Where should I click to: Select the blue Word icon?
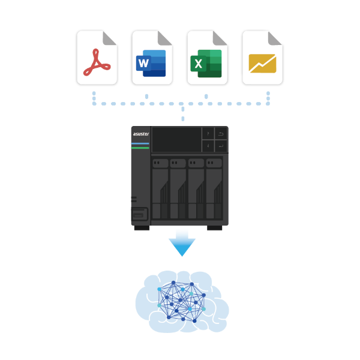tap(151, 63)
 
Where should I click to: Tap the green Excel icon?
tap(206, 64)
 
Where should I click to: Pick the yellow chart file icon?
tap(262, 64)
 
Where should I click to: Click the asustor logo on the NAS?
tap(141, 134)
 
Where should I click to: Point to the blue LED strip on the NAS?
tap(140, 143)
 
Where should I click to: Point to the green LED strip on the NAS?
tap(140, 148)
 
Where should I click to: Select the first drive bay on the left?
tap(160, 189)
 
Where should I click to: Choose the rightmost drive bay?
tap(214, 189)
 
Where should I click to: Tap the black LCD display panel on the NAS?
tap(176, 140)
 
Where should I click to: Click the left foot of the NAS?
tap(142, 228)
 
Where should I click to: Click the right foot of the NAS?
tap(214, 228)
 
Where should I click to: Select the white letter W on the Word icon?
tap(144, 63)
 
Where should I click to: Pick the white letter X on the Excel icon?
tap(199, 64)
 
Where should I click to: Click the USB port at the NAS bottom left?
tap(139, 214)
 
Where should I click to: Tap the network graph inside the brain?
tap(181, 302)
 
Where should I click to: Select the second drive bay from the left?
tap(178, 189)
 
